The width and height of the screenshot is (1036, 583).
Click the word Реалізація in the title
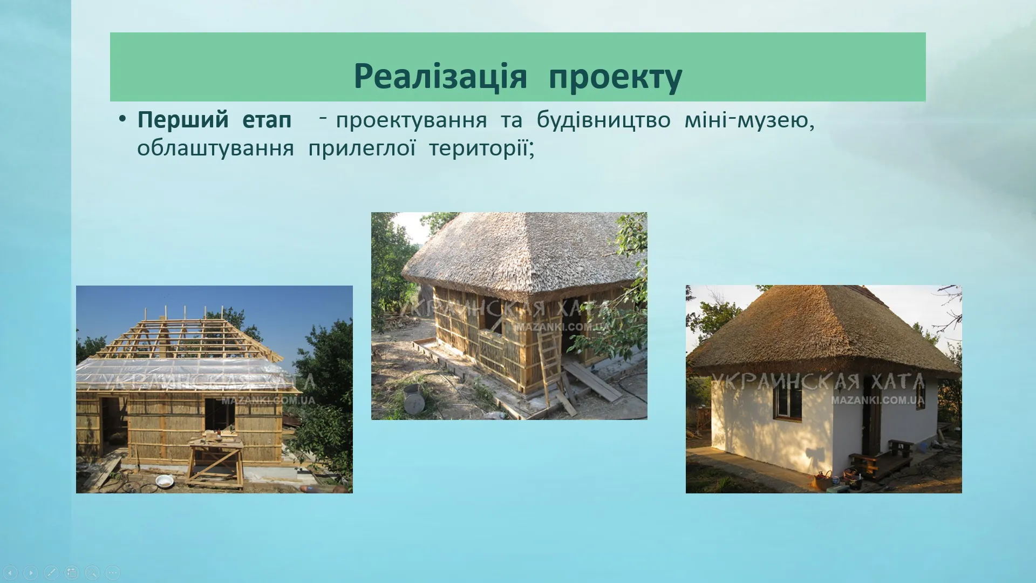pyautogui.click(x=440, y=76)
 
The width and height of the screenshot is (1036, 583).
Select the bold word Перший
pyautogui.click(x=183, y=120)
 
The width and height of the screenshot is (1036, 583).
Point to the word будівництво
pyautogui.click(x=604, y=120)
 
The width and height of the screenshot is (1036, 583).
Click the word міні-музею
pyautogui.click(x=749, y=120)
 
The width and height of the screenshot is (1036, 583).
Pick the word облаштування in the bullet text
pyautogui.click(x=215, y=148)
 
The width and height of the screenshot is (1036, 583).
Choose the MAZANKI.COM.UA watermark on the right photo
pyautogui.click(x=878, y=401)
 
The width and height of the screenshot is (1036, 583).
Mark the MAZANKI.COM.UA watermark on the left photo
pyautogui.click(x=268, y=401)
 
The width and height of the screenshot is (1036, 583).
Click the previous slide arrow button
pyautogui.click(x=10, y=572)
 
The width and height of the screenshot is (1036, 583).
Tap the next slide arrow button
pyautogui.click(x=31, y=572)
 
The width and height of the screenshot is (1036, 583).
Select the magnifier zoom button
pyautogui.click(x=92, y=572)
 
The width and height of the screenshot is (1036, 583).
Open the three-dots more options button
pyautogui.click(x=113, y=572)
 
